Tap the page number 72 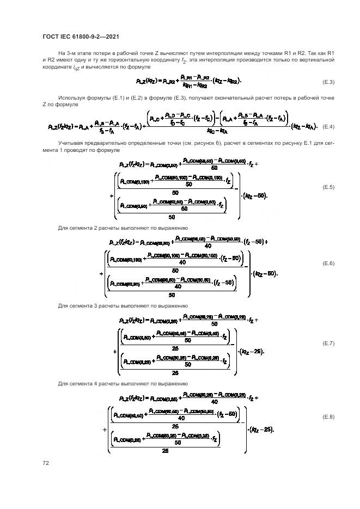pos(46,463)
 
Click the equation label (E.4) pos(328,126)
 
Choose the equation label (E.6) pos(328,263)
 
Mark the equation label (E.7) pos(328,344)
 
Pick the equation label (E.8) pos(328,417)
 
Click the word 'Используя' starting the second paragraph pos(71,97)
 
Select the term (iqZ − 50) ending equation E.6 pos(265,273)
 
